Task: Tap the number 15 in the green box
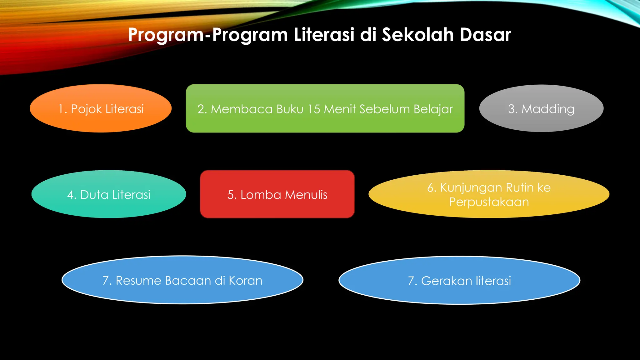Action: click(314, 109)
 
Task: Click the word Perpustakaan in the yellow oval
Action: click(489, 202)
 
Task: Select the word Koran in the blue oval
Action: click(245, 281)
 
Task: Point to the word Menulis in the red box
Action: click(306, 195)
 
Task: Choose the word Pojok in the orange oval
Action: click(87, 109)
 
